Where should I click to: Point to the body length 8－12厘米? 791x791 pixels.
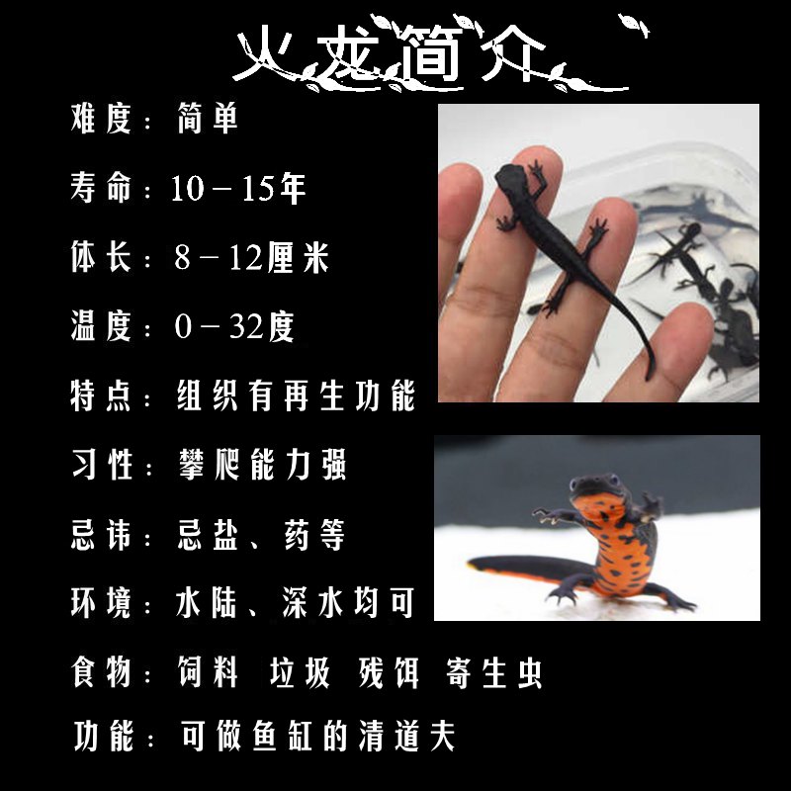tap(251, 257)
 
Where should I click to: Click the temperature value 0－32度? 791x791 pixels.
tap(234, 326)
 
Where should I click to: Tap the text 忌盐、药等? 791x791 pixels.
tap(260, 534)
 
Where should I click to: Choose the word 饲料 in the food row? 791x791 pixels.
tap(209, 672)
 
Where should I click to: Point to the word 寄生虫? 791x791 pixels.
tap(494, 672)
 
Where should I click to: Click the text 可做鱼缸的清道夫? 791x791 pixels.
tap(316, 737)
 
